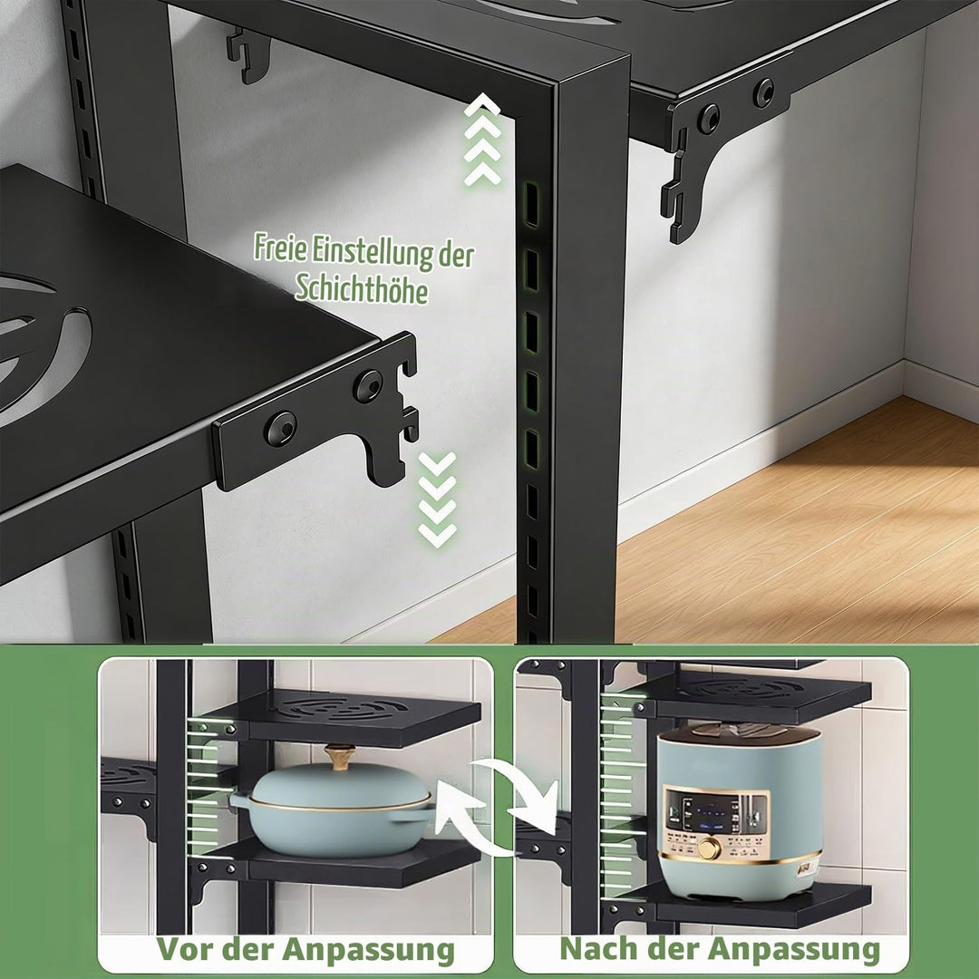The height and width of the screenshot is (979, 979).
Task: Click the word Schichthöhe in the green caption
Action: tap(362, 288)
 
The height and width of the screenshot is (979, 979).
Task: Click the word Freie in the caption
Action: tap(280, 247)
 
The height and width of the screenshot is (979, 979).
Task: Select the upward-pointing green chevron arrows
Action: tap(482, 141)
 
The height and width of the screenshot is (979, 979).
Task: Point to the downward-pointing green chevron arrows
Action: tap(437, 499)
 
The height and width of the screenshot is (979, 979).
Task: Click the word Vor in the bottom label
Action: tap(183, 950)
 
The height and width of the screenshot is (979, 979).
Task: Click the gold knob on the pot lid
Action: tap(339, 756)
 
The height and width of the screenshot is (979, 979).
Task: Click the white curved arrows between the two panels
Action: tap(497, 806)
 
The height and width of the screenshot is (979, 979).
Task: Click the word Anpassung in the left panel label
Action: tap(368, 950)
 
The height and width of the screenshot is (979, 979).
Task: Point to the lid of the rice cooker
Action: tap(739, 732)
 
